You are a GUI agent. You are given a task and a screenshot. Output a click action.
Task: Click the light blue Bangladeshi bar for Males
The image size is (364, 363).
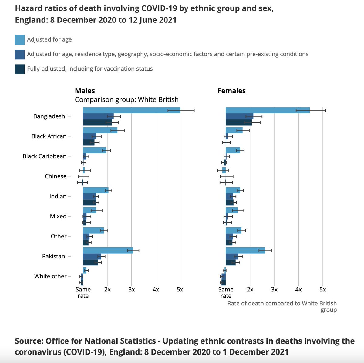point(131,110)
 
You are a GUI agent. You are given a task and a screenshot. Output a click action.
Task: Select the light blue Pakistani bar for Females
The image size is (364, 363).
point(245,250)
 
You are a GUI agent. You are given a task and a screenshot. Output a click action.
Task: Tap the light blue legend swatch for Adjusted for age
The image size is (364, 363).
point(20,40)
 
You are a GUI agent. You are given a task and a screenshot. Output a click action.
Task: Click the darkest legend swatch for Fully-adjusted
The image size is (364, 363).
point(20,69)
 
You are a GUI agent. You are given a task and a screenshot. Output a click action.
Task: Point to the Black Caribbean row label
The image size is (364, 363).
point(45,156)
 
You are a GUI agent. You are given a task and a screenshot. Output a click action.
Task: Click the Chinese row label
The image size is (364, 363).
point(56,176)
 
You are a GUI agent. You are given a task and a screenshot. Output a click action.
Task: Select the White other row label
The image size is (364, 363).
point(50,276)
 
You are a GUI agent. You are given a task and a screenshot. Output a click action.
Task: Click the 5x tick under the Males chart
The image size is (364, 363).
point(180,290)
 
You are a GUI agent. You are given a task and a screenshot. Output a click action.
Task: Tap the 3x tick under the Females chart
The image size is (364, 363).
point(274,290)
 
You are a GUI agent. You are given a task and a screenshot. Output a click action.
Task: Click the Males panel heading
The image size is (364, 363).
point(85,91)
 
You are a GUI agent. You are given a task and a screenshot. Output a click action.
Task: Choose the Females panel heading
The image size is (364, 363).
point(231,91)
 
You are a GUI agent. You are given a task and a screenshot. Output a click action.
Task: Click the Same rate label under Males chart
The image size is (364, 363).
point(83,293)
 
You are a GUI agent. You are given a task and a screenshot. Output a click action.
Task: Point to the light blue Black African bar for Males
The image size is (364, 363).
point(100,130)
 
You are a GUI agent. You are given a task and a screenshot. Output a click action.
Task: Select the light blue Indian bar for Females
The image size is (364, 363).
point(233,190)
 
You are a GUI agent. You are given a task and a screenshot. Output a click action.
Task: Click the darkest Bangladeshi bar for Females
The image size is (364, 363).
point(238,123)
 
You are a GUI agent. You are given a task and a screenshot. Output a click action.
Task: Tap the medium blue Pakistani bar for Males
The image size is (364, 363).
point(92,256)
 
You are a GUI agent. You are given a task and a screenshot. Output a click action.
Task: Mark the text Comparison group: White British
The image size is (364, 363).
point(126,99)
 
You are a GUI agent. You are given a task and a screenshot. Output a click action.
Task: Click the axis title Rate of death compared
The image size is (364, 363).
point(282,304)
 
